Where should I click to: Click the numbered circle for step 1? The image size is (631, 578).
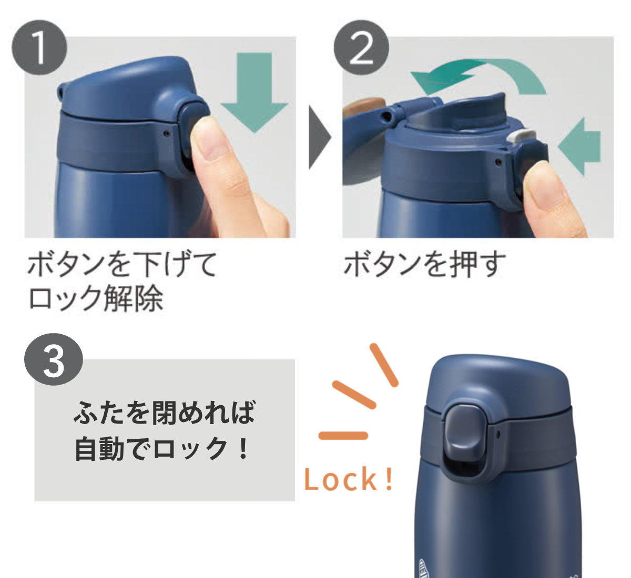point(39,47)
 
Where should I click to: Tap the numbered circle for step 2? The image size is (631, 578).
point(361,47)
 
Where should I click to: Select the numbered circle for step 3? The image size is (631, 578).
point(54,359)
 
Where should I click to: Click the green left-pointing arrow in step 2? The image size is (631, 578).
point(579,147)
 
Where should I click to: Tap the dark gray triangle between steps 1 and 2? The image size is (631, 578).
point(320,137)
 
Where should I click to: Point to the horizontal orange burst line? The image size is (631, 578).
point(343,436)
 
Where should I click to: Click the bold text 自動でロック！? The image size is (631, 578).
point(162,448)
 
